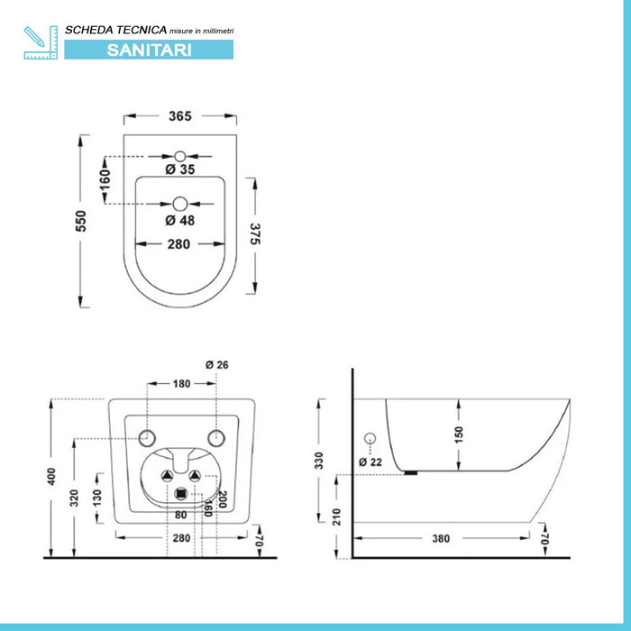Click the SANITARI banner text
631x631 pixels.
(149, 50)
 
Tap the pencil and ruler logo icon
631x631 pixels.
(41, 42)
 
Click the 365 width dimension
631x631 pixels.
(180, 116)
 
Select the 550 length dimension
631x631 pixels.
(81, 221)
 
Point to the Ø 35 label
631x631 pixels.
(180, 169)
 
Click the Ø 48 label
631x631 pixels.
(180, 221)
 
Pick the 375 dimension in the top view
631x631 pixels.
(255, 233)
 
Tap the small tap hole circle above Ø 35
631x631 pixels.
(180, 156)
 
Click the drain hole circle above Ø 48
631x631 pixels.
(180, 204)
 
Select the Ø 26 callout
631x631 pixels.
(217, 365)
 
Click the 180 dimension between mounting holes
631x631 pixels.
(181, 384)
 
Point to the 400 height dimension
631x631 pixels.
(51, 476)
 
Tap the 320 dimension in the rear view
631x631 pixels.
(74, 498)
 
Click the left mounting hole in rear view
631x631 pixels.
(147, 438)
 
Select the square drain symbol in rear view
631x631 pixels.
(181, 494)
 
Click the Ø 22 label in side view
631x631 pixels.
(370, 462)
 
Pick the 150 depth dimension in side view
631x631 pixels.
(459, 435)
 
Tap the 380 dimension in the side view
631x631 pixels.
(441, 538)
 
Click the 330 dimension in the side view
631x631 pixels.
(319, 461)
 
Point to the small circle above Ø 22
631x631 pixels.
(370, 439)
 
